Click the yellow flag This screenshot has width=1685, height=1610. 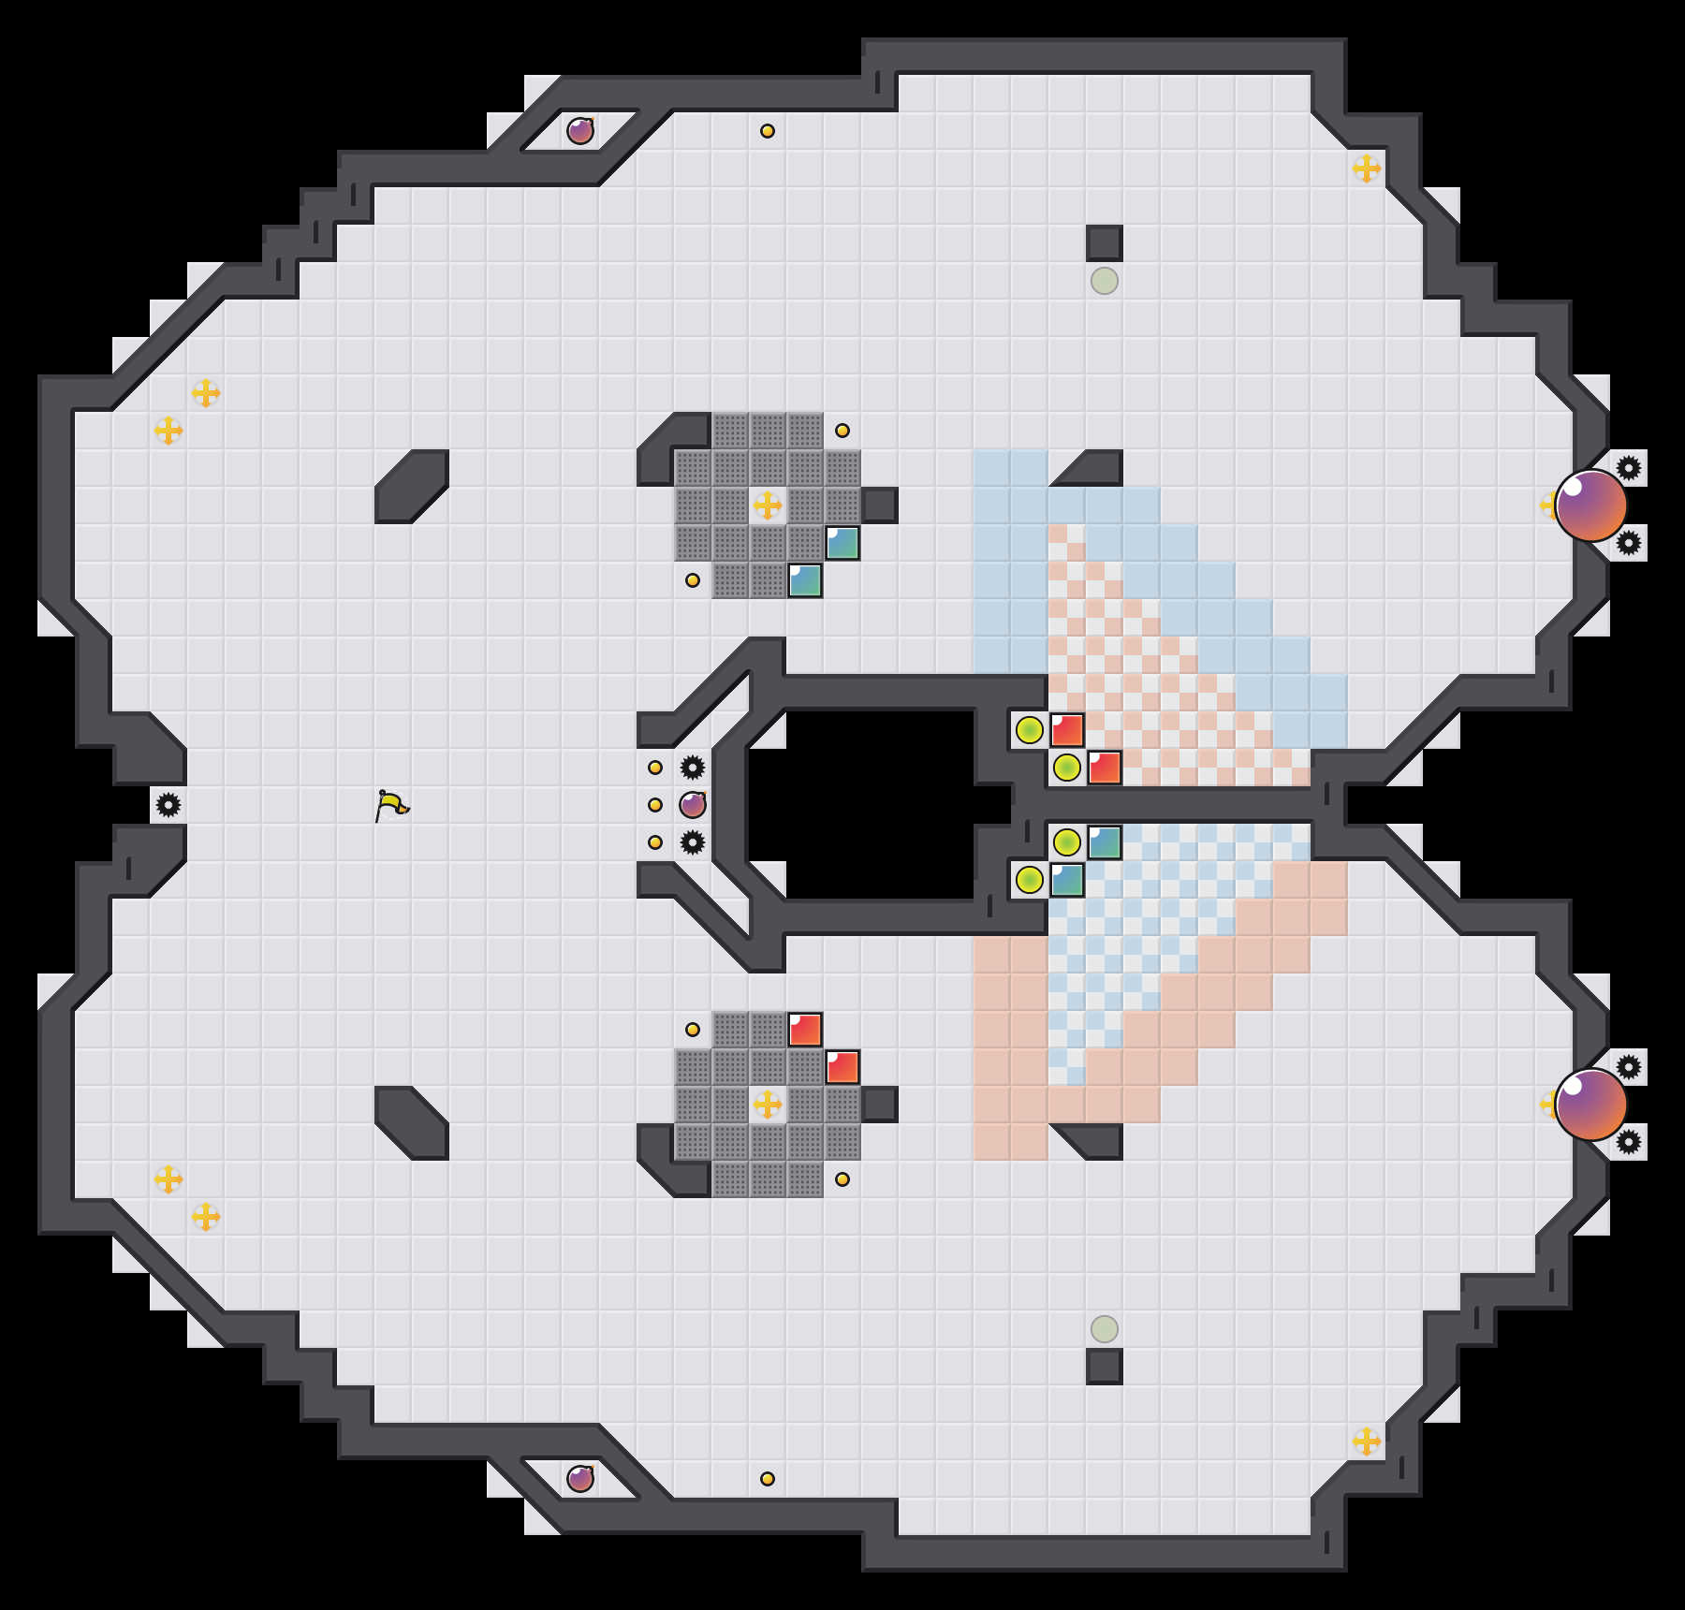[391, 805]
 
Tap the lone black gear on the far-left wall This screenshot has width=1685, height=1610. [168, 805]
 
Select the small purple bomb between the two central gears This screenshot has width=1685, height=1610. [693, 805]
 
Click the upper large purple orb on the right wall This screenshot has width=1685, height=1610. [1590, 505]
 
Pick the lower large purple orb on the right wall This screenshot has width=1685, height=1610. [1590, 1105]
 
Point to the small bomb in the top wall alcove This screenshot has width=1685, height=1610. [580, 131]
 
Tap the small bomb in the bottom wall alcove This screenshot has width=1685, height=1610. [580, 1479]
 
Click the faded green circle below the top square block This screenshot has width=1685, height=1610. [1105, 281]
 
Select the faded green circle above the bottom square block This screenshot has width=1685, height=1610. [1105, 1329]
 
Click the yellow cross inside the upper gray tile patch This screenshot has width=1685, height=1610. [768, 505]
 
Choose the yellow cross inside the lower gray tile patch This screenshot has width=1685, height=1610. [768, 1105]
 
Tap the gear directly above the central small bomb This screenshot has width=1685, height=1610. [693, 768]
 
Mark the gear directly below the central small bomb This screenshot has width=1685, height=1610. [693, 842]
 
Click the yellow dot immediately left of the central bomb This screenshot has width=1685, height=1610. [655, 805]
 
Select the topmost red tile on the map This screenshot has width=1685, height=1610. [1067, 730]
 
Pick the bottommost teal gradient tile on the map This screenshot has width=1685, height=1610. [1067, 880]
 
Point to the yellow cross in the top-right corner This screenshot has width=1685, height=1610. [1367, 168]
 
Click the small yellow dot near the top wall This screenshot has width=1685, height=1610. [768, 131]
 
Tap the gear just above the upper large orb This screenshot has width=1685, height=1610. [1629, 468]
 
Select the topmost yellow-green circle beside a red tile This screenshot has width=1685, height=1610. [1030, 730]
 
